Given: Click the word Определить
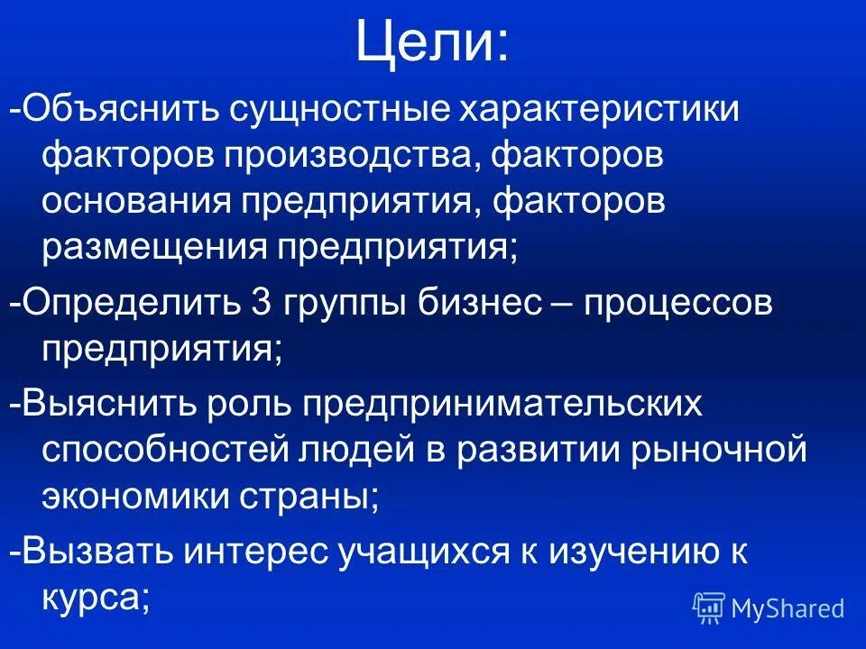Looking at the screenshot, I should click(131, 302).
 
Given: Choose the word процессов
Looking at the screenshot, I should click(677, 302).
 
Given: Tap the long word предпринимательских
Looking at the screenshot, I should click(501, 403).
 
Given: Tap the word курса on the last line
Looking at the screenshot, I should click(90, 596).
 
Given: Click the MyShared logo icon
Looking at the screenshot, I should click(709, 608).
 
